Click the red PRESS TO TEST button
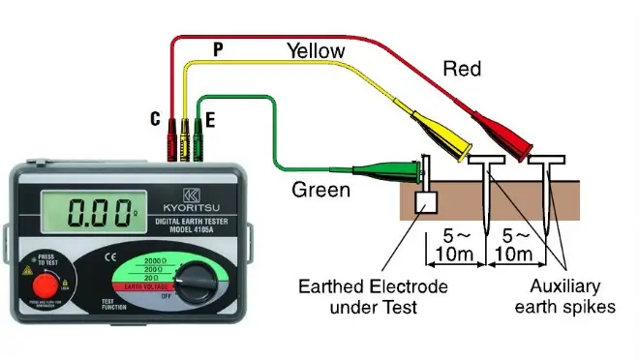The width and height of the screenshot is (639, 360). (x=43, y=288)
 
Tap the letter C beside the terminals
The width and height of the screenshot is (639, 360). (x=154, y=119)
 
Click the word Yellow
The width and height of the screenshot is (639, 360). (x=316, y=49)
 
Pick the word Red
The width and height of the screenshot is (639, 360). (x=462, y=68)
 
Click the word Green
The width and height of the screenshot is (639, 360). (x=320, y=190)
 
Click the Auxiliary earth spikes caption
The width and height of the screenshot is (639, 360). (x=566, y=296)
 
